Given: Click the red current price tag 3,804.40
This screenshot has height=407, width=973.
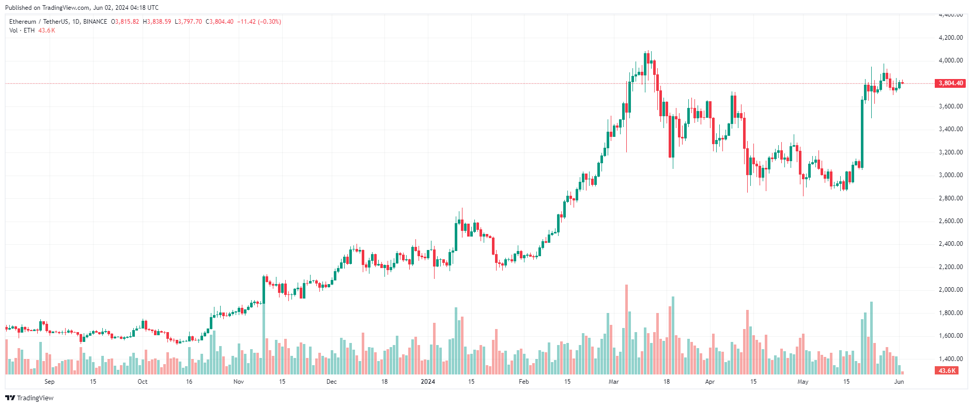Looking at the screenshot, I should [x=950, y=83].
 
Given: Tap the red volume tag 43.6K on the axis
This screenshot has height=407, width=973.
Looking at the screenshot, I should [x=947, y=371].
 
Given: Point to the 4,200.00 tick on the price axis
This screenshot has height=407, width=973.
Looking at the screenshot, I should [x=950, y=38].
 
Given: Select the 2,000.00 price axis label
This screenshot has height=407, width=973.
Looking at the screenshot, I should [x=950, y=290].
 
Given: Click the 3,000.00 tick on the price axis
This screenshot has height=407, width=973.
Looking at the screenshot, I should [x=950, y=175].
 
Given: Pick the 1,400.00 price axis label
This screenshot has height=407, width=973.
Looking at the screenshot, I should [x=950, y=359].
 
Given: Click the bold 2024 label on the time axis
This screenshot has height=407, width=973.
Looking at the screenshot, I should [x=428, y=382].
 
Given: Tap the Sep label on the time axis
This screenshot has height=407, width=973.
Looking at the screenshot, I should [x=50, y=382].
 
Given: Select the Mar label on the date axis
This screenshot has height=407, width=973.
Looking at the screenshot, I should [x=613, y=382].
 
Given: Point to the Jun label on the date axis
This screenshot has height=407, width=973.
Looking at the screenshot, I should [x=899, y=382].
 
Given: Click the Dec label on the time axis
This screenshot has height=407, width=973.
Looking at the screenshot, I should [x=332, y=382].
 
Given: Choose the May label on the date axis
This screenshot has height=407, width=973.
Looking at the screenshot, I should [x=802, y=382].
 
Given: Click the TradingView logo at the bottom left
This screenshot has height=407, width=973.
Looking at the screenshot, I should [x=29, y=398].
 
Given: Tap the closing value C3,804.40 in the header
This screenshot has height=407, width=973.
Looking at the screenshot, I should [x=220, y=22].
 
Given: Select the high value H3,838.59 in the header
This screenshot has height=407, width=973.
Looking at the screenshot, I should [x=157, y=22].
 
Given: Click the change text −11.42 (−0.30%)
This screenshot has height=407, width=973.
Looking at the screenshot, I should [x=259, y=22].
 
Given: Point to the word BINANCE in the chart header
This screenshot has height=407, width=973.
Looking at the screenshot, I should [x=95, y=22].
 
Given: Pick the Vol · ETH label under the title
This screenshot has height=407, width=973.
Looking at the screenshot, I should [x=22, y=30].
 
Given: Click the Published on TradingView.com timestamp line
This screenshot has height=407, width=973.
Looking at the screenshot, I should [x=82, y=8].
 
